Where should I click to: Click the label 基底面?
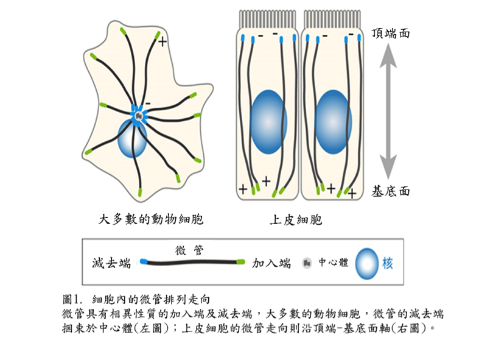(390, 191)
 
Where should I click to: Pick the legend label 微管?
(189, 250)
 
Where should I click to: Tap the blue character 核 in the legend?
(388, 263)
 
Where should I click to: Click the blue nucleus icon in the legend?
(366, 263)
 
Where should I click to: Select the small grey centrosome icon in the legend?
(307, 263)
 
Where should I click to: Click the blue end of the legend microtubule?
(144, 262)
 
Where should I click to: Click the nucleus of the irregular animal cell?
(132, 139)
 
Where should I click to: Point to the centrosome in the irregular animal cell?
(139, 114)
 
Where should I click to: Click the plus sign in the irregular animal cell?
(163, 41)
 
